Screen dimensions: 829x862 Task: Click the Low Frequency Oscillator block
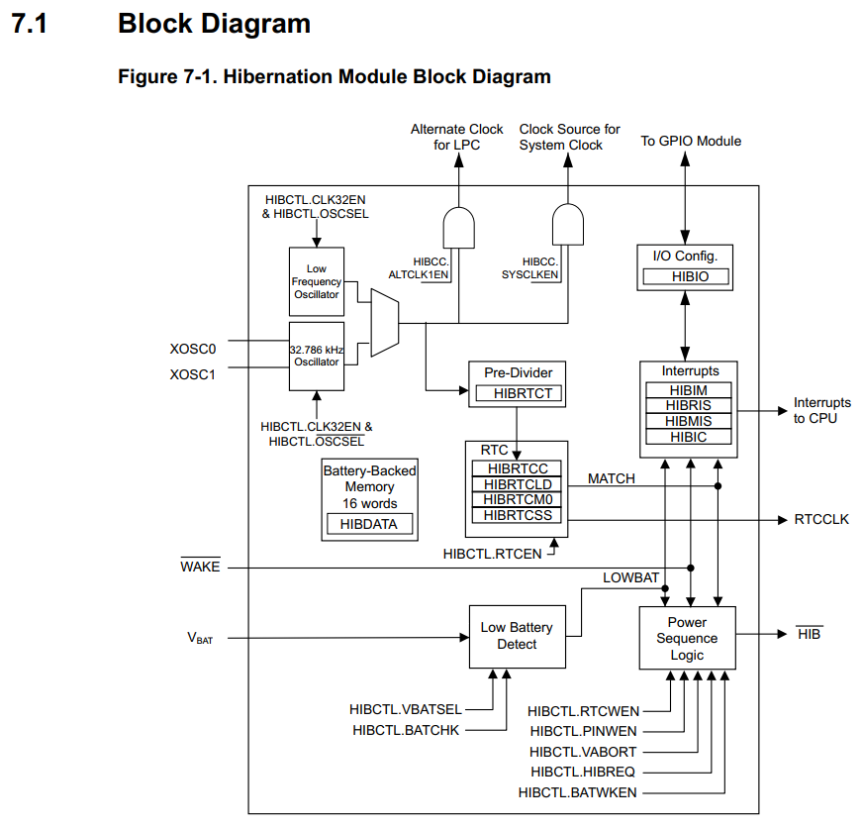[316, 282]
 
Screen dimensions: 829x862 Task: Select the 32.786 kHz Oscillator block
[316, 355]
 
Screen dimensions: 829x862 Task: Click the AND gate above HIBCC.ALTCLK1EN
[458, 227]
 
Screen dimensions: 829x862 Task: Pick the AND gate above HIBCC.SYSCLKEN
[568, 225]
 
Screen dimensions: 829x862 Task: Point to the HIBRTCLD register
[518, 484]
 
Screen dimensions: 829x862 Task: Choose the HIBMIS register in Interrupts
[688, 421]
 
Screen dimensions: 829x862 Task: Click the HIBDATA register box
[369, 524]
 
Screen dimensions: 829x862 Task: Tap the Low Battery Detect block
[517, 636]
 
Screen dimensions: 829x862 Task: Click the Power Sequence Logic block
[687, 638]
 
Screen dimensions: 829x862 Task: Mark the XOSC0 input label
[193, 348]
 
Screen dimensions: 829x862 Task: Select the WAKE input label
[200, 567]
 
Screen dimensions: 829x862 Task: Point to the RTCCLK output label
[820, 519]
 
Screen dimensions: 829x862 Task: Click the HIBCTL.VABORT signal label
[583, 752]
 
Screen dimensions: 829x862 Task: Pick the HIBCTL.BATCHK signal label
[405, 730]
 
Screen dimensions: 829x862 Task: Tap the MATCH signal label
[612, 478]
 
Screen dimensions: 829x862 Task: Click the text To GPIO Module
[691, 141]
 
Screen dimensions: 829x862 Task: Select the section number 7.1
[29, 24]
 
